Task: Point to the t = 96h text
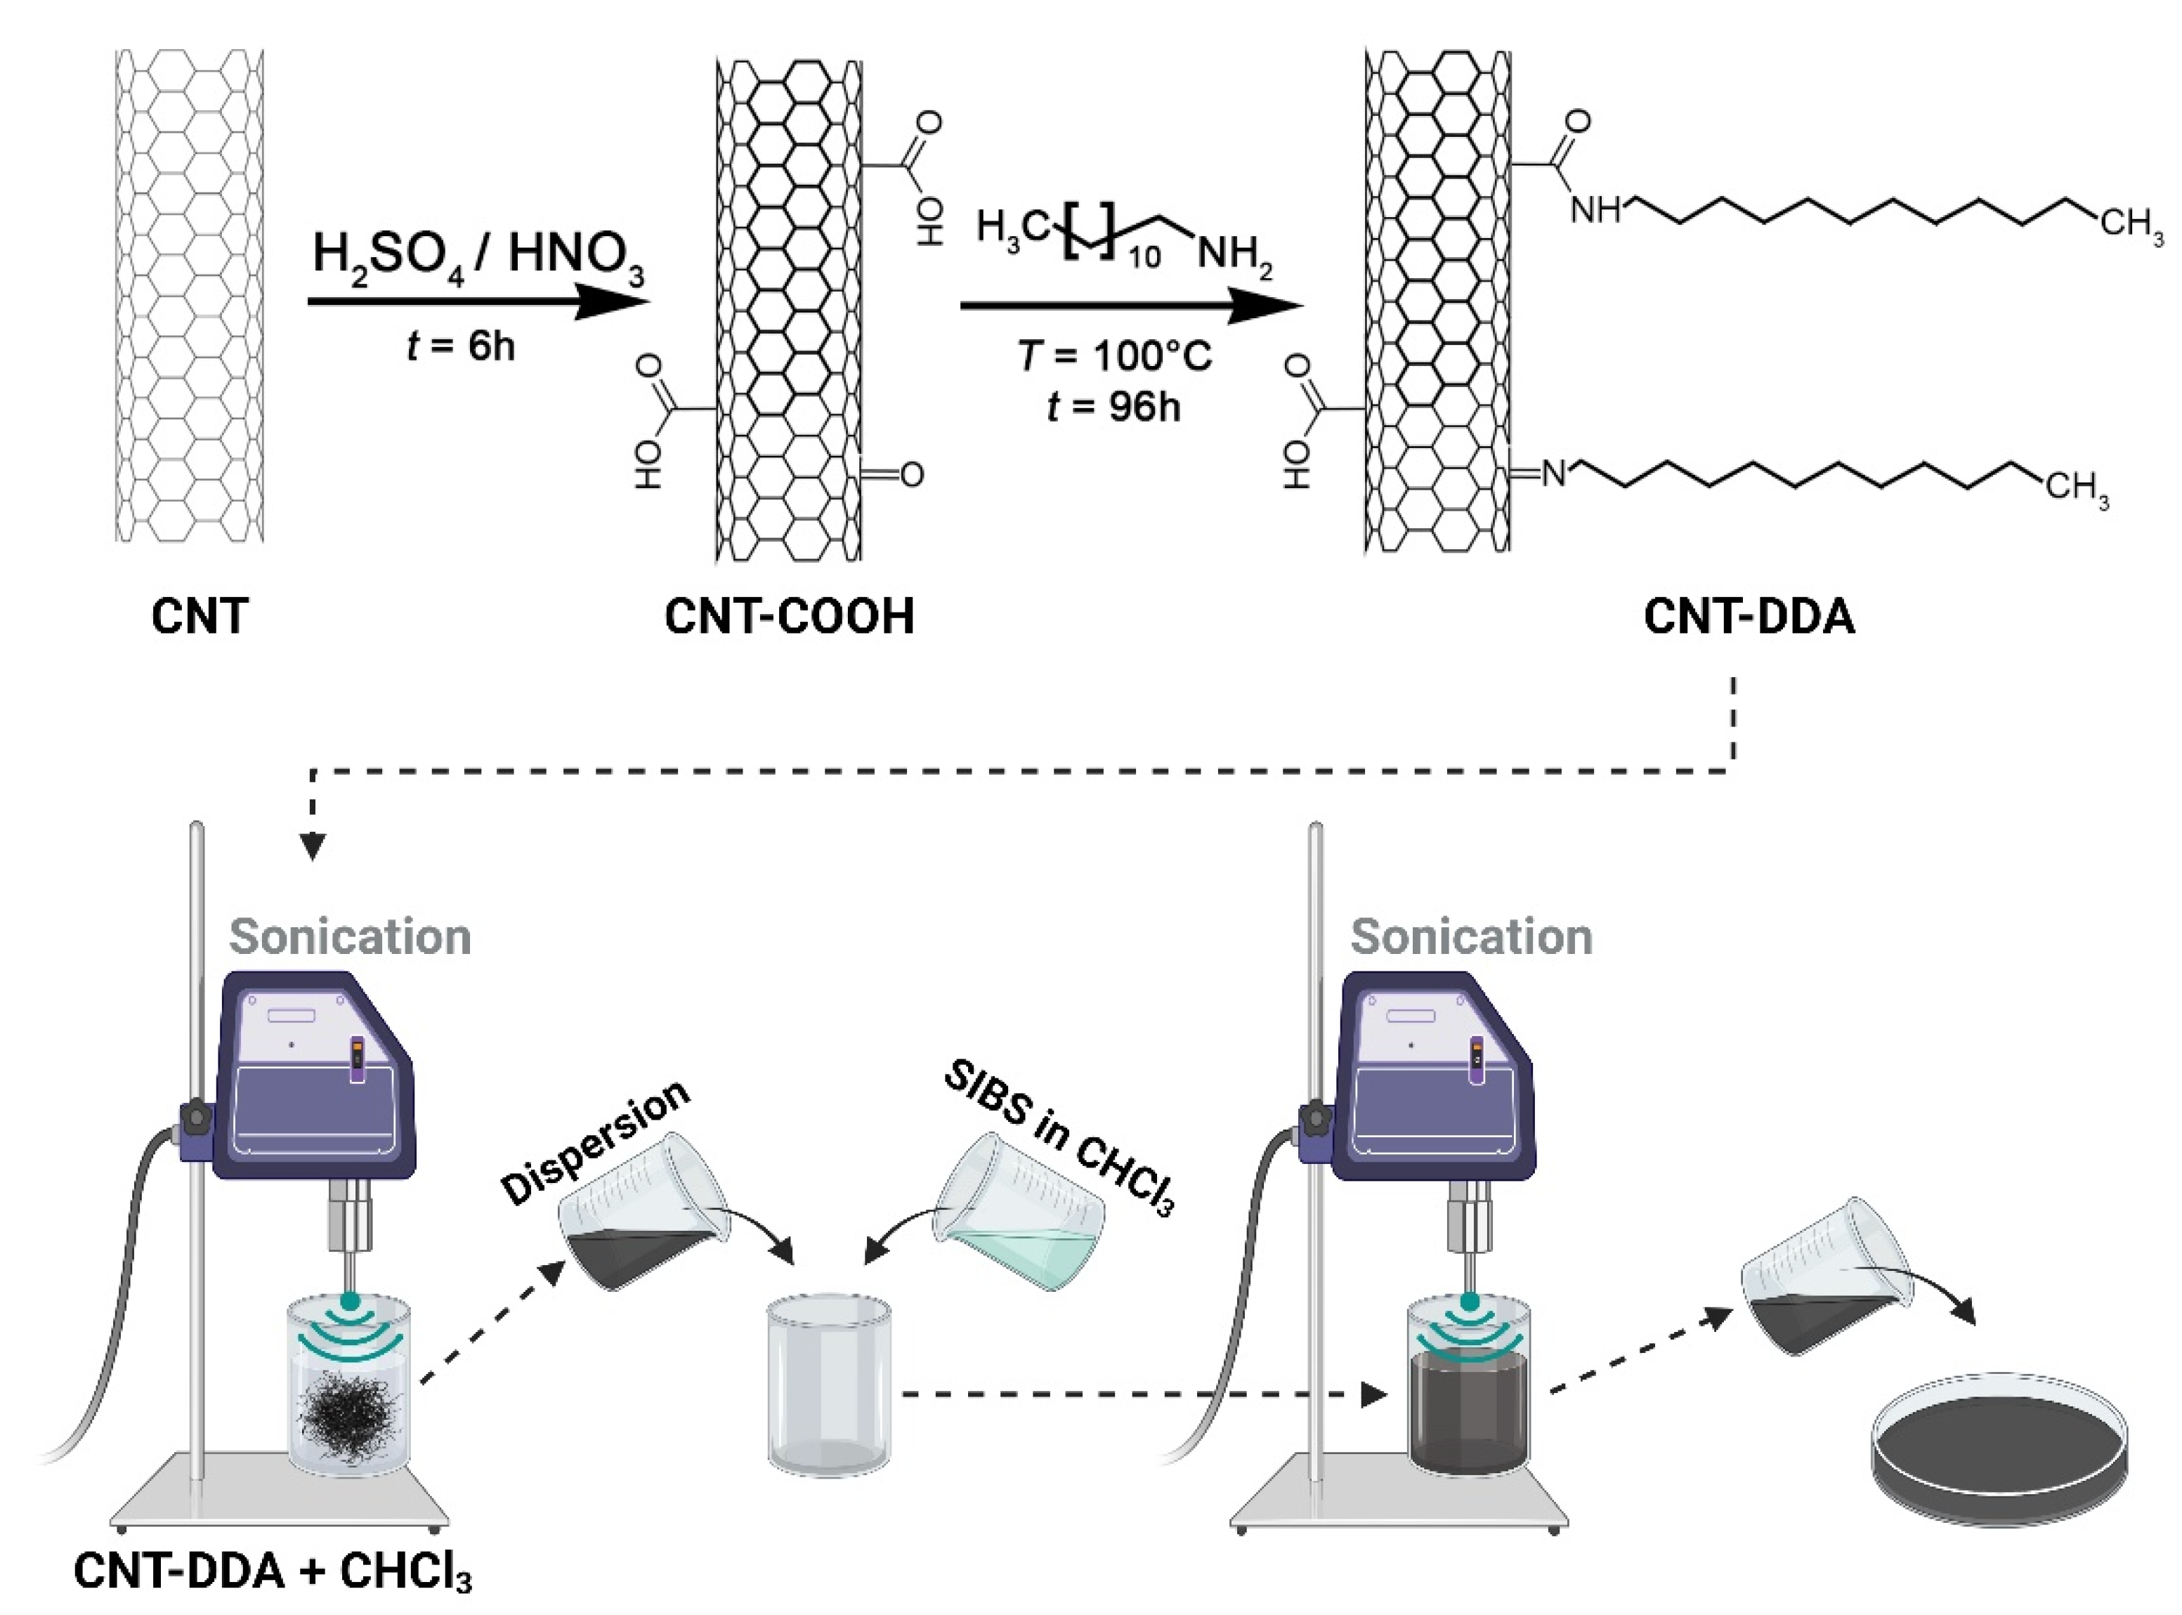(x=1113, y=405)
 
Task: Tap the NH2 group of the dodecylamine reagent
(x=1235, y=256)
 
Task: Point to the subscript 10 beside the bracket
(x=1144, y=257)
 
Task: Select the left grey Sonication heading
(x=350, y=936)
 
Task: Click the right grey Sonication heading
(x=1471, y=936)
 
